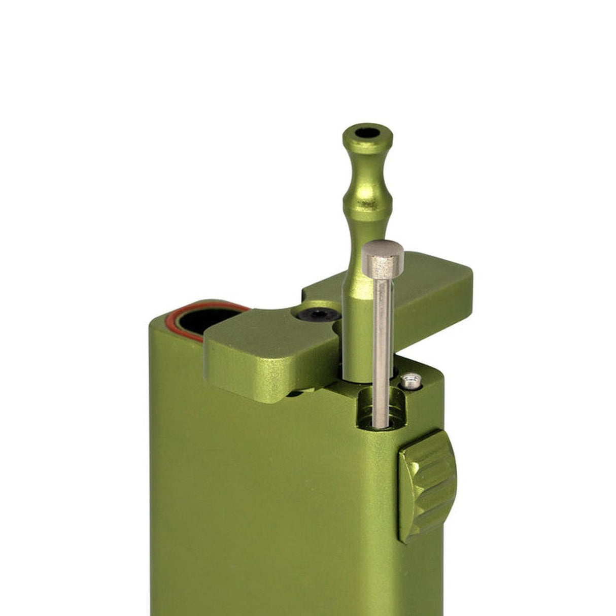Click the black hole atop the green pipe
(x=368, y=135)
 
